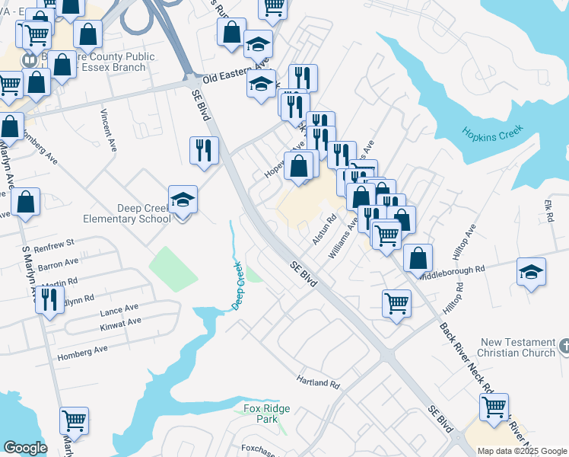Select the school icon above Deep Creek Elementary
click(183, 200)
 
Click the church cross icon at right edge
click(564, 347)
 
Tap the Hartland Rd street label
click(318, 382)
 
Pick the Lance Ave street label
click(119, 308)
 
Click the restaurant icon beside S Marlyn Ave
click(48, 299)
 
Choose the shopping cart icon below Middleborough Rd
click(397, 303)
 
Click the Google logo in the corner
click(25, 448)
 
